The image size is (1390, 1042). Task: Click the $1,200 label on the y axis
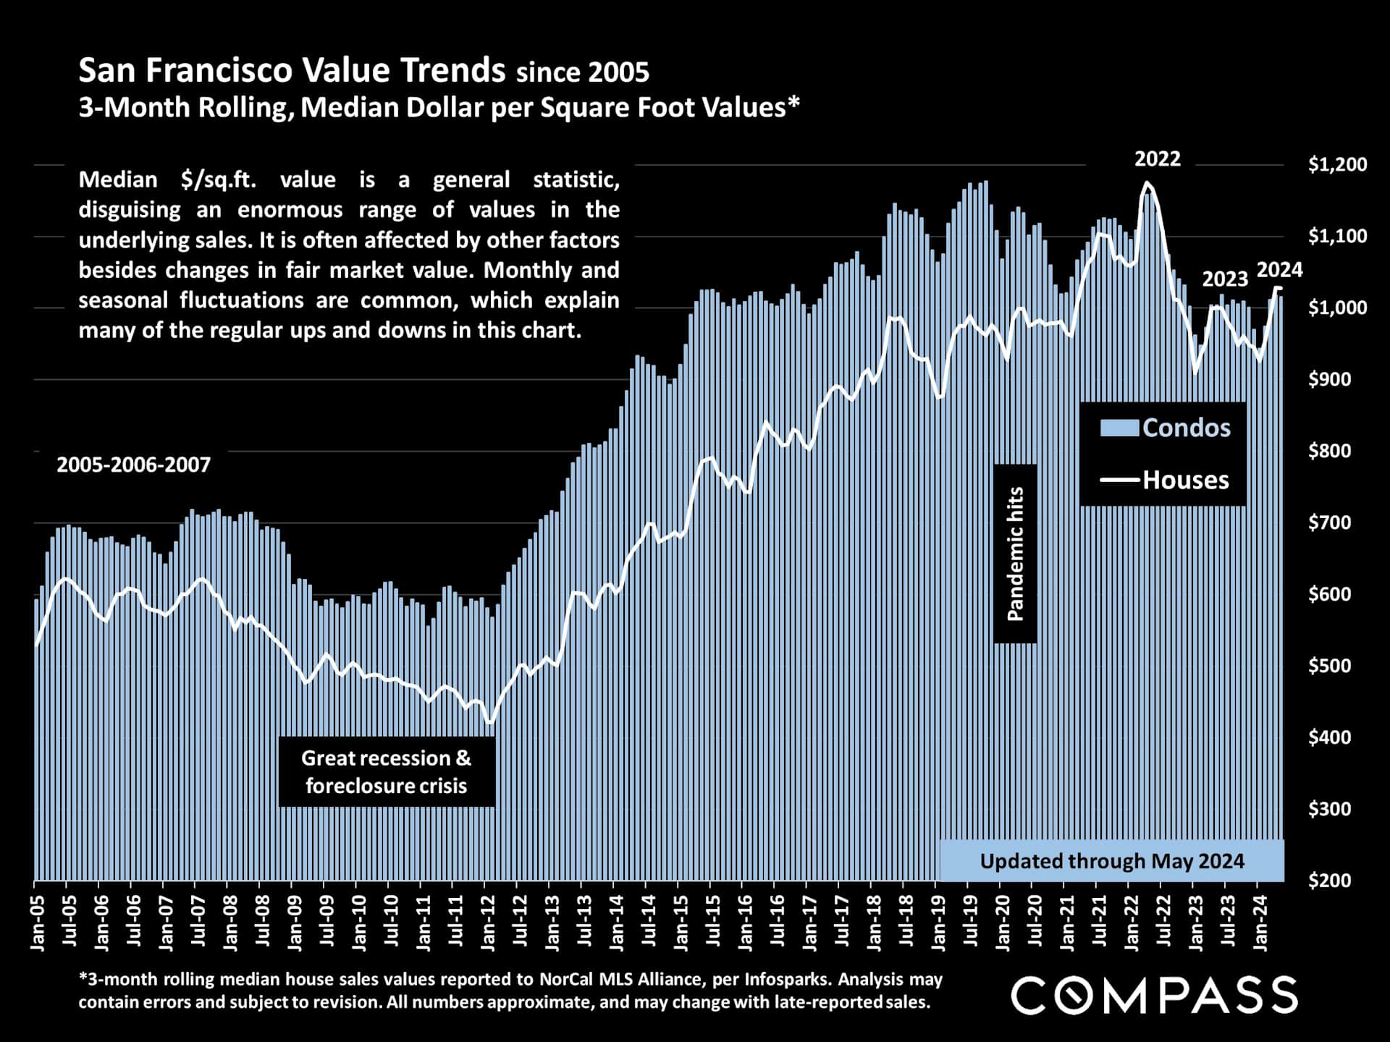(1337, 164)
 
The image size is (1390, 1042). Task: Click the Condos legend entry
(1165, 428)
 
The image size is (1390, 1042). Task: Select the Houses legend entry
(1165, 480)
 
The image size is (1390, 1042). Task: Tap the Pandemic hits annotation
(1016, 554)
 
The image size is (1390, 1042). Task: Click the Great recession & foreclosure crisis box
(387, 771)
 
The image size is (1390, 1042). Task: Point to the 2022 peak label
(1157, 159)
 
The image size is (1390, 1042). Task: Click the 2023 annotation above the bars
(1225, 279)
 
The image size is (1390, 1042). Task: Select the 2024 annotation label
(1279, 270)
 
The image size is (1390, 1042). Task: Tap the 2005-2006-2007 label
(134, 465)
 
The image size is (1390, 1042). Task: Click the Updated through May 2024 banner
(1111, 861)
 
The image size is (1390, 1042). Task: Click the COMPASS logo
(1154, 995)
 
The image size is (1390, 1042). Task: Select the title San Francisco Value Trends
(292, 71)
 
